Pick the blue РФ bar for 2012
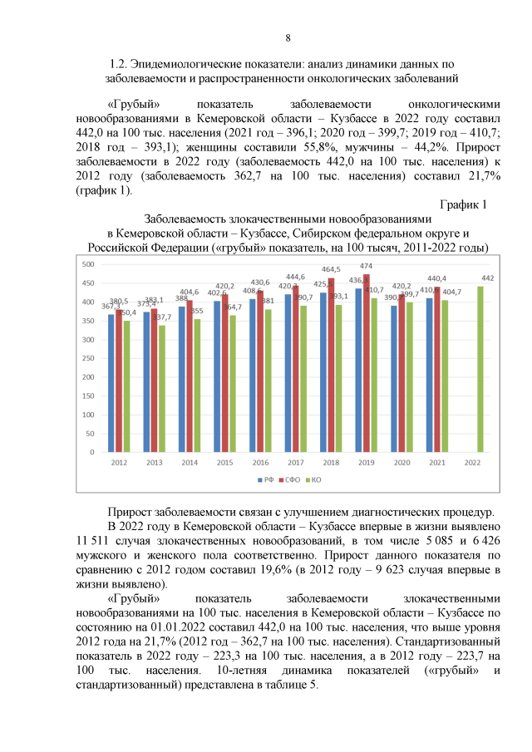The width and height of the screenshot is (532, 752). coord(111,383)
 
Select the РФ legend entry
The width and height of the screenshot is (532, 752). coord(266,480)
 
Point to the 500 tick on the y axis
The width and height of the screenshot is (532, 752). coord(87,264)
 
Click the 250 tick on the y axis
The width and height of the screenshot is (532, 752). coord(87,358)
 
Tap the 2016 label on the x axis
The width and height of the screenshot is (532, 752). coord(260,462)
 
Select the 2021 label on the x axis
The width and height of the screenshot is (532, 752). coord(437,462)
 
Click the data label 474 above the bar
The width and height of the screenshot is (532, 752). coord(366,266)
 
